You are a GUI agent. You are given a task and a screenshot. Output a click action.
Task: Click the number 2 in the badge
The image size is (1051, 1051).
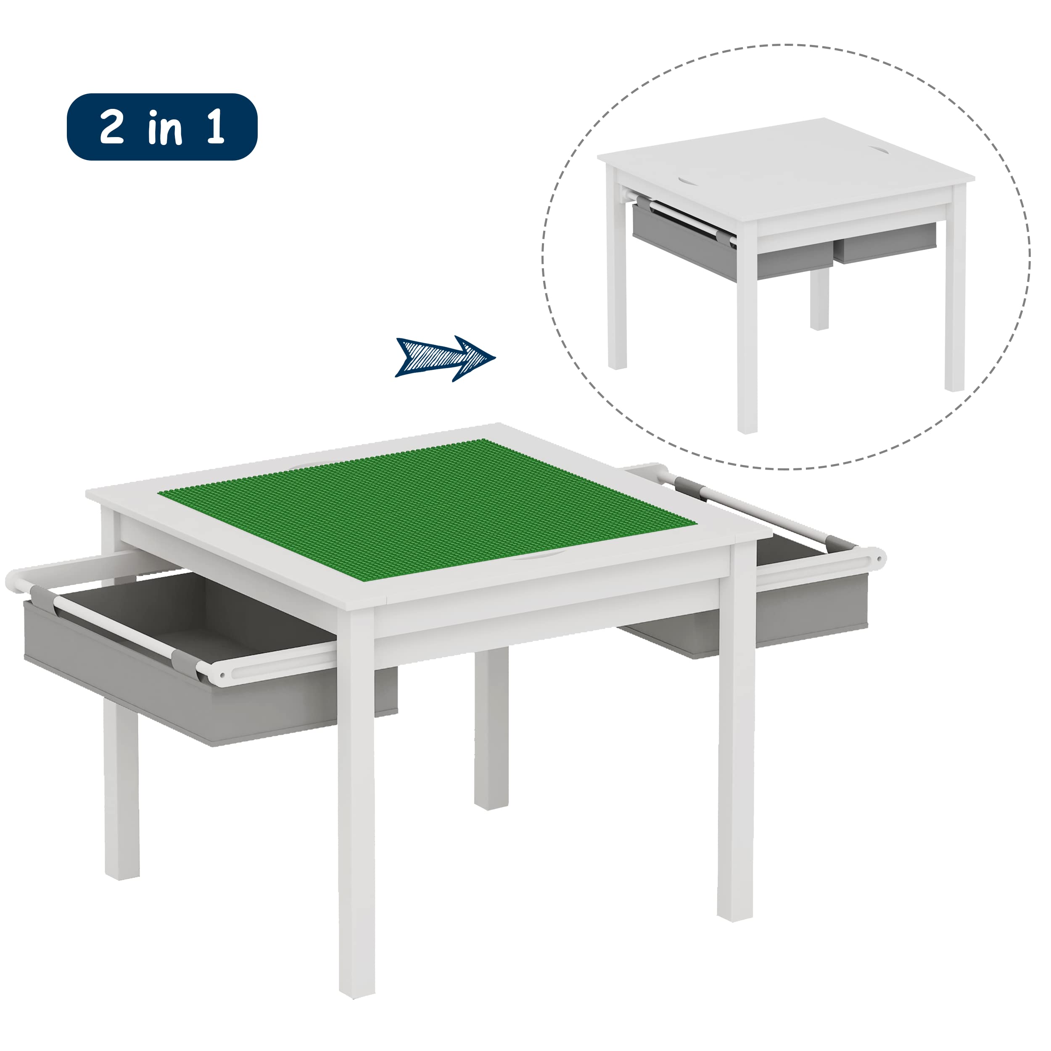click(112, 127)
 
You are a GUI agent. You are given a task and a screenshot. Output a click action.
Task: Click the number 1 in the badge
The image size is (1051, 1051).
click(215, 127)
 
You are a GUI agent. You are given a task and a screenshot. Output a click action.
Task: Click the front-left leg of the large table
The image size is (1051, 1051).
click(356, 805)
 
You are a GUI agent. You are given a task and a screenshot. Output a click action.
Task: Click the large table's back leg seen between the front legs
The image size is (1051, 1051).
click(491, 734)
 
